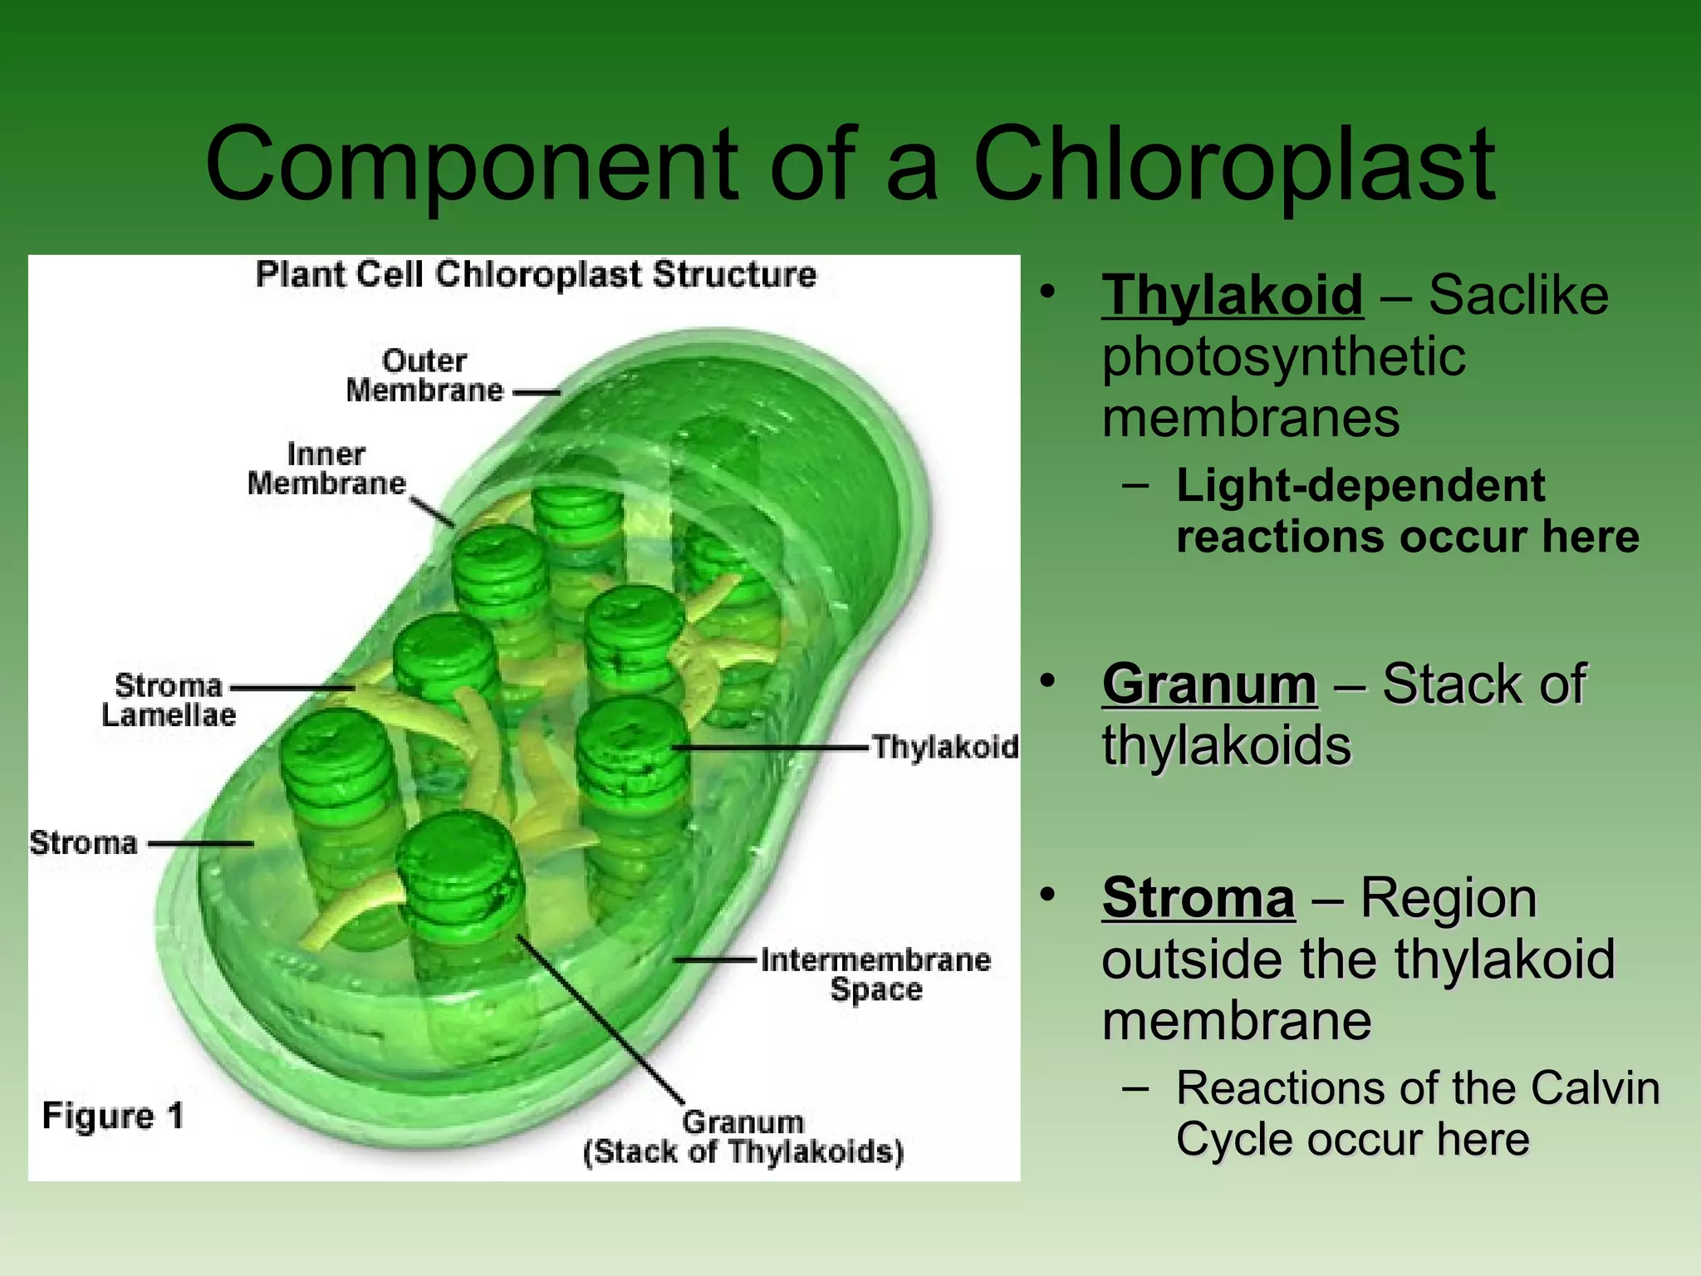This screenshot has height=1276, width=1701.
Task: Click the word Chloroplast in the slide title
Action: point(1233,166)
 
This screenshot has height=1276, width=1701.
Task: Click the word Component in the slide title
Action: point(471,166)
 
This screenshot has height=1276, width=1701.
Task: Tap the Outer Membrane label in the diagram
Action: point(424,375)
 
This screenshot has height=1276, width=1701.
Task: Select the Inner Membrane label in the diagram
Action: point(326,469)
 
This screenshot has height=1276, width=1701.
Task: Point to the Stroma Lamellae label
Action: point(169,700)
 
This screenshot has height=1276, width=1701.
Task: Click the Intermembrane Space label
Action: point(875,974)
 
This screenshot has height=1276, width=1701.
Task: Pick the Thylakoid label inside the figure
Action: point(945,747)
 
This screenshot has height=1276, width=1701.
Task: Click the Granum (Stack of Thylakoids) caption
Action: point(743,1137)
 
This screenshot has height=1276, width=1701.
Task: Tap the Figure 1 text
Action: point(113,1116)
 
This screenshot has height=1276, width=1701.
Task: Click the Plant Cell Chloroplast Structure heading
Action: point(536,275)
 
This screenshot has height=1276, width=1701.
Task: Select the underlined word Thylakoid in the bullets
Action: point(1233,295)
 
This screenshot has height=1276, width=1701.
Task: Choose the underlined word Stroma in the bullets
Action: point(1199,898)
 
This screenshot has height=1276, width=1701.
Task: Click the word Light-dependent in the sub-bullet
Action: point(1360,486)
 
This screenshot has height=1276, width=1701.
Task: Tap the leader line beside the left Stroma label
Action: point(201,844)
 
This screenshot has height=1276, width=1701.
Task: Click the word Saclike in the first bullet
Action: point(1518,295)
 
